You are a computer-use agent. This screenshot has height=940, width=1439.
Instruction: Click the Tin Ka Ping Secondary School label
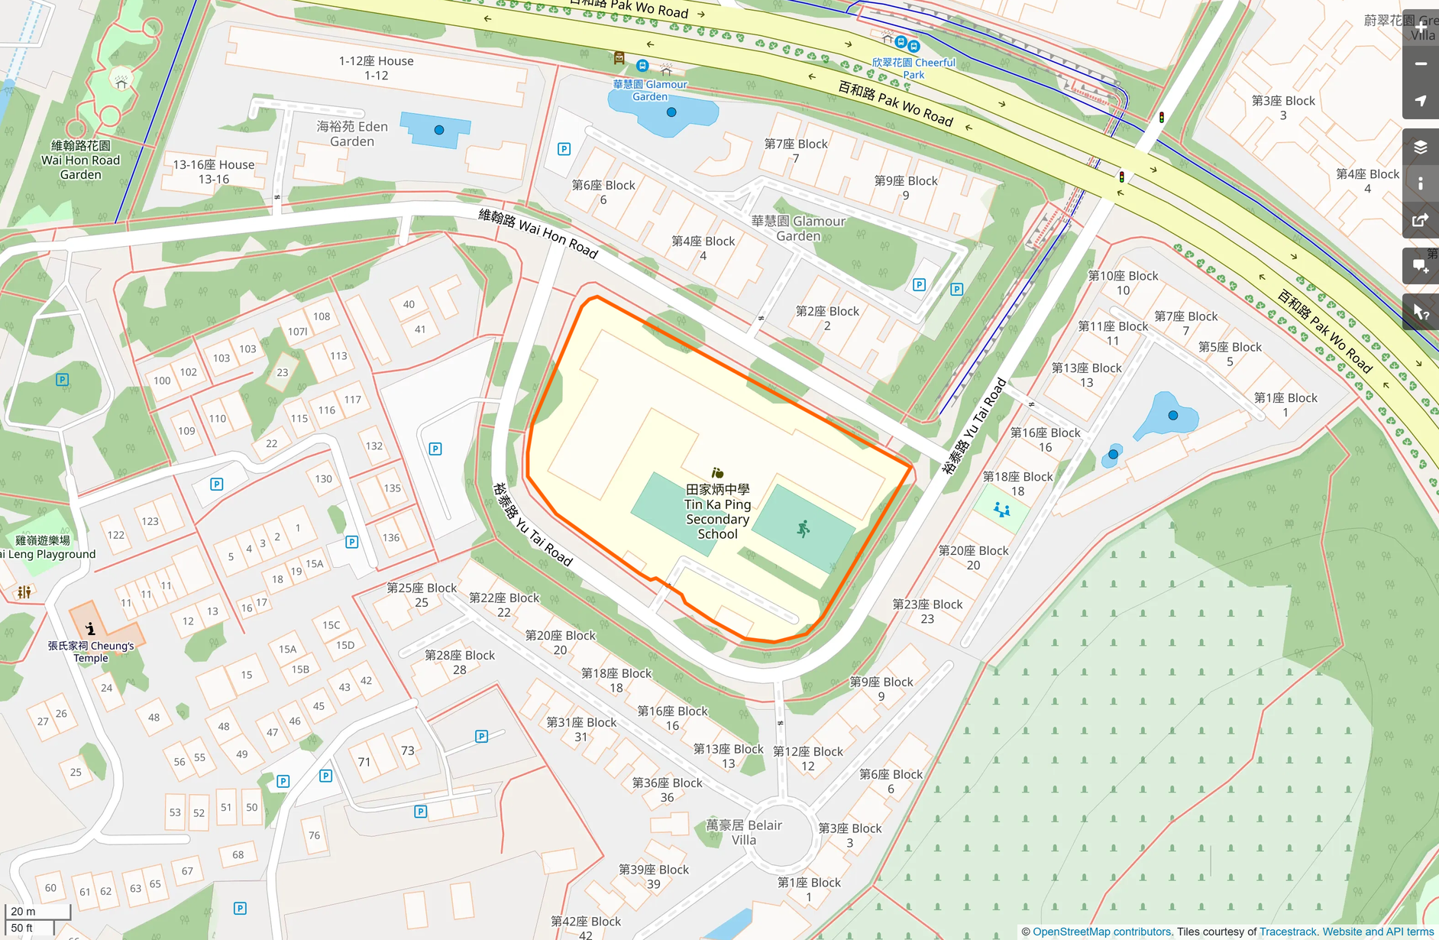717,511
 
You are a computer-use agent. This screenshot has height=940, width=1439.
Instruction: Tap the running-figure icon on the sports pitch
803,529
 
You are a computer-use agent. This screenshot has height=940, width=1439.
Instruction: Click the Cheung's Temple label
91,651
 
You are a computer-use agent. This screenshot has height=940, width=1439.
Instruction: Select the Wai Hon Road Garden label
80,160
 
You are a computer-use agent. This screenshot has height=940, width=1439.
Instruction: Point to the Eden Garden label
352,134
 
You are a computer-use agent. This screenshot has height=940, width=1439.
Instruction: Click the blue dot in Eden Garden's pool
438,130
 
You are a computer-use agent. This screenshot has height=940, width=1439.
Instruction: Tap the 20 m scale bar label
23,911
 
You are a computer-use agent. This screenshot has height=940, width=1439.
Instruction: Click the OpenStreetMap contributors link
1101,932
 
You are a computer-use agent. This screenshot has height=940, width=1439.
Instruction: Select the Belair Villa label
743,832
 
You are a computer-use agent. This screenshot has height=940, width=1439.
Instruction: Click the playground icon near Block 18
1002,509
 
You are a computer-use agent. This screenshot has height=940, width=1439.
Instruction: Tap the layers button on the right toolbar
1420,147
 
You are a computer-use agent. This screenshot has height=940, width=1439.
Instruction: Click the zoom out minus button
1420,64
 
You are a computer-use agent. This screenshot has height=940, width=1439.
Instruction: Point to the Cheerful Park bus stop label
914,68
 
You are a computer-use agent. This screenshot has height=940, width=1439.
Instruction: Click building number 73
408,750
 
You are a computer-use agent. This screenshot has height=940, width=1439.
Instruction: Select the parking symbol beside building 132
435,449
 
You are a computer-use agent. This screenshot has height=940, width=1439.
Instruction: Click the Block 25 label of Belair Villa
422,595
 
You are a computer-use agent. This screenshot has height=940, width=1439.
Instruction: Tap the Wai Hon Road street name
538,232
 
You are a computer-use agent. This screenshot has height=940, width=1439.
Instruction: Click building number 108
322,316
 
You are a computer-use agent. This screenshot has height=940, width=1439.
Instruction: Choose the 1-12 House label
376,68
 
